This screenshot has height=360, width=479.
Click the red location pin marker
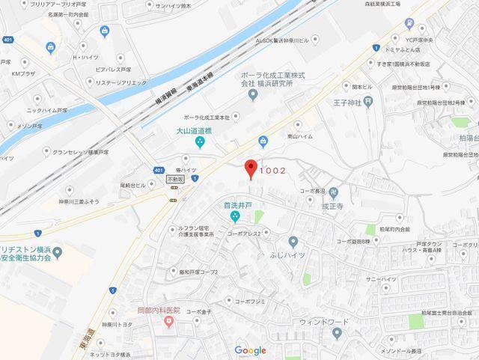(251, 168)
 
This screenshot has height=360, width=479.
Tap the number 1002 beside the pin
(273, 171)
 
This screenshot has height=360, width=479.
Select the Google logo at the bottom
(250, 350)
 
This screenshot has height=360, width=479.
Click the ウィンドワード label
(323, 322)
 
